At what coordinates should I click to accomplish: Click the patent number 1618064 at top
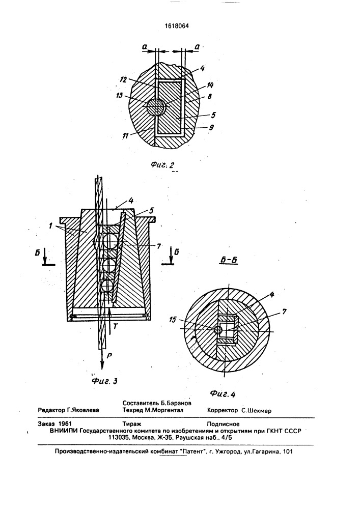click(177, 26)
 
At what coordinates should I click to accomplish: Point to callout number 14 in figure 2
click(210, 86)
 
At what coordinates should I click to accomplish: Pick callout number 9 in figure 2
click(212, 128)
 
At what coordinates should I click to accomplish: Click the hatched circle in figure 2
click(156, 107)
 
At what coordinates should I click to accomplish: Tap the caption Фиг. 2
click(162, 164)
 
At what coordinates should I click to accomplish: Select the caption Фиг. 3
click(104, 380)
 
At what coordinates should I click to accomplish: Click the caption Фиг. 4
click(223, 394)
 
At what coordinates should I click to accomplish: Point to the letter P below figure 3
click(109, 355)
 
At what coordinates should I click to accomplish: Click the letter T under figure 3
click(115, 326)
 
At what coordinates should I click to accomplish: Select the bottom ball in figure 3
click(108, 287)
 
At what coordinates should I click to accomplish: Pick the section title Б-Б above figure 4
click(229, 260)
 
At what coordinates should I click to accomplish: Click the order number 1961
click(65, 423)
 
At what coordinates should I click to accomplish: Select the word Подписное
click(224, 424)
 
